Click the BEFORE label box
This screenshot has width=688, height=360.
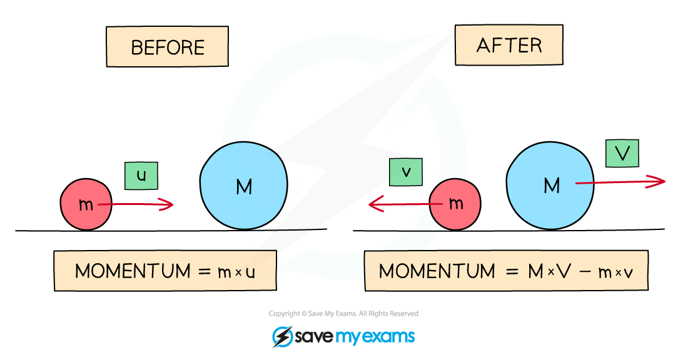click(x=167, y=46)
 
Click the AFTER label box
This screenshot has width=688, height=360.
click(x=509, y=45)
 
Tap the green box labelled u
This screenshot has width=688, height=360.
click(x=141, y=176)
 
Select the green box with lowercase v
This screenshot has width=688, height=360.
click(x=406, y=172)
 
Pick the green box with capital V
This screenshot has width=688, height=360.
click(x=622, y=154)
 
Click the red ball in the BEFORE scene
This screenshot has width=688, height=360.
click(x=86, y=204)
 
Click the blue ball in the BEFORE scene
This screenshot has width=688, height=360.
click(x=244, y=186)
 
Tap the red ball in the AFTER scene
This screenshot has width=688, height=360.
click(x=455, y=204)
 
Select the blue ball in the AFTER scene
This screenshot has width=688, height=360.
click(x=550, y=186)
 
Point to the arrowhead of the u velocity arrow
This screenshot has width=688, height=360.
click(x=173, y=204)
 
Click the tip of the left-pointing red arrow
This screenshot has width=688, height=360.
click(x=369, y=204)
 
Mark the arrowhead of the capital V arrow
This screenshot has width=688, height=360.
click(x=665, y=181)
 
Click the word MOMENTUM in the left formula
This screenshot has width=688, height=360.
click(x=133, y=271)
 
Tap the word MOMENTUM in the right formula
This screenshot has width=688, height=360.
click(x=437, y=271)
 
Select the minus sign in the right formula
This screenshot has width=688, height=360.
click(x=585, y=271)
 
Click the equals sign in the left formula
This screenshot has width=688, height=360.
click(x=205, y=272)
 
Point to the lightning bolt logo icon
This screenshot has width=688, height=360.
click(x=283, y=337)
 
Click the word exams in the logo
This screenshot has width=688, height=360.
click(x=387, y=337)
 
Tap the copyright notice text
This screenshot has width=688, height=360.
click(x=343, y=314)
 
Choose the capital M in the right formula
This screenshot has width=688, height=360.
click(x=536, y=271)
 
